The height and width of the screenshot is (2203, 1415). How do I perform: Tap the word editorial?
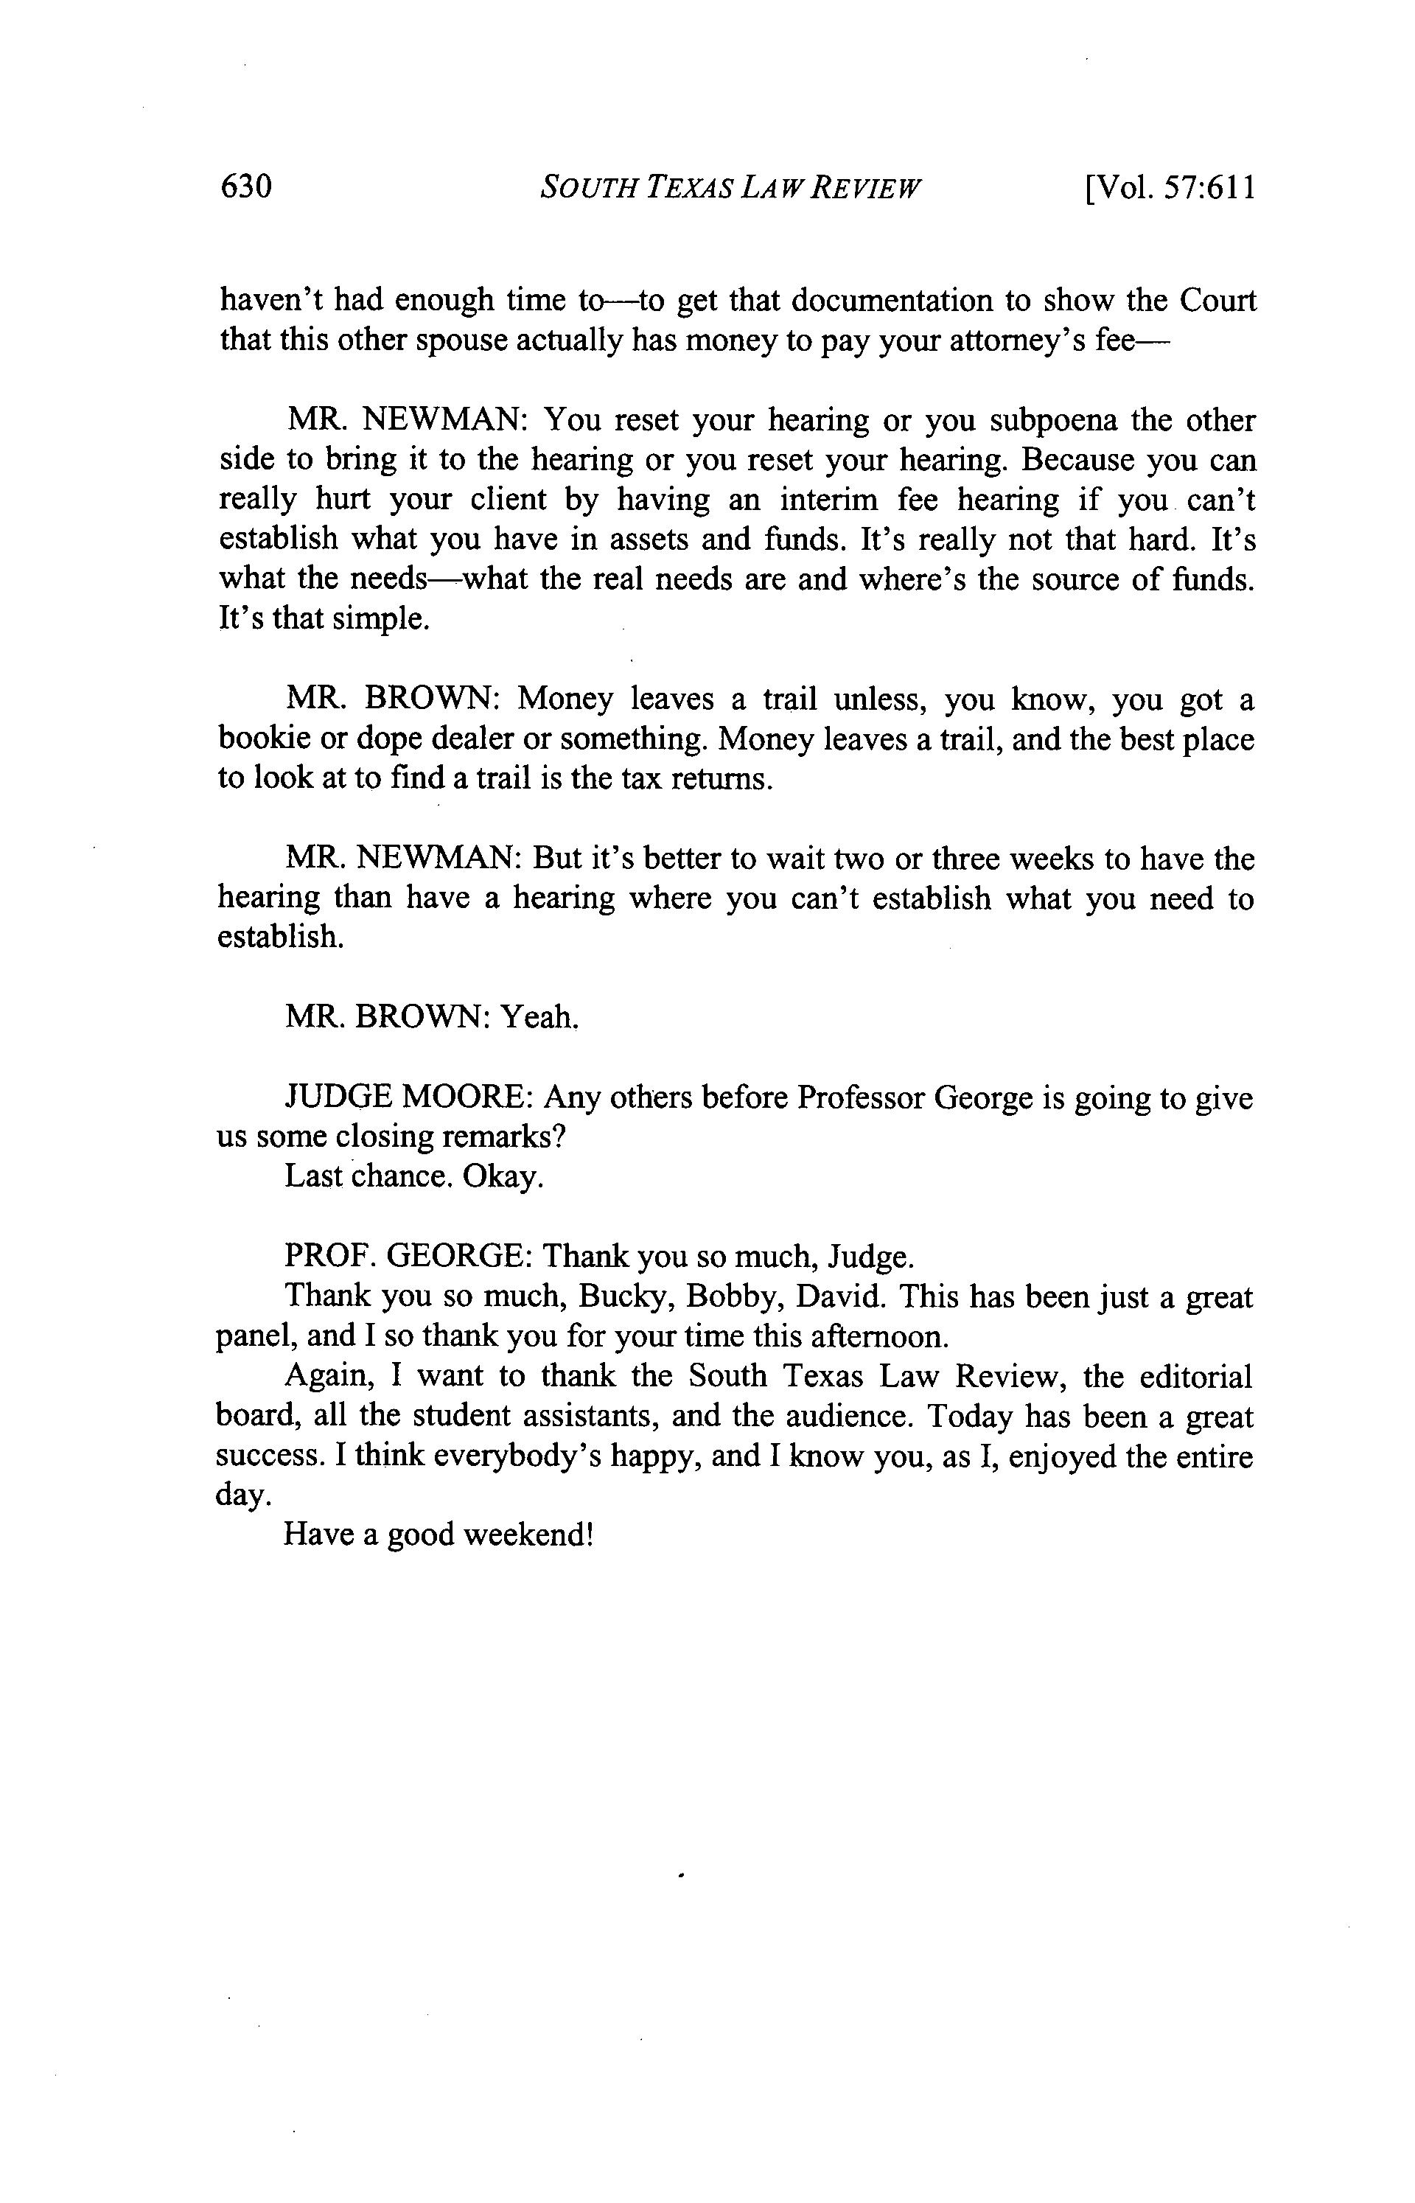tap(1196, 1375)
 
